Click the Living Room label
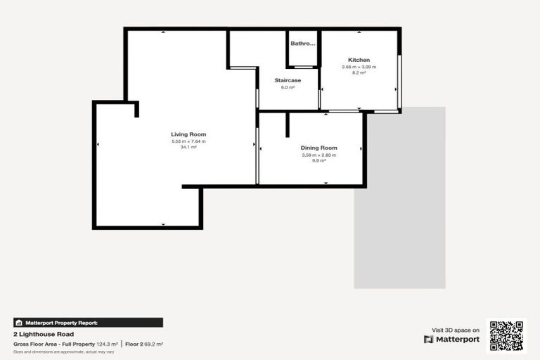pos(188,134)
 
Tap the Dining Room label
pos(319,148)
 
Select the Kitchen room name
pos(359,60)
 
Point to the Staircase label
pos(288,80)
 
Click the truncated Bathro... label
pos(303,44)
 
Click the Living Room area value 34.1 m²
pos(188,147)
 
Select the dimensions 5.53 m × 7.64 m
pos(188,141)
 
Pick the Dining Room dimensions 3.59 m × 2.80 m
pos(319,155)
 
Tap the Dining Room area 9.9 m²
pos(319,160)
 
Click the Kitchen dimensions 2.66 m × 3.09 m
pos(359,67)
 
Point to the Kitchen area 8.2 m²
pos(359,72)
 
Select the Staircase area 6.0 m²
pos(288,87)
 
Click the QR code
pos(506,335)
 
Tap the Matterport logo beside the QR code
pos(452,339)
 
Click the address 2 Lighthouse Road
pos(44,334)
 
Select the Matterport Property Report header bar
pos(88,323)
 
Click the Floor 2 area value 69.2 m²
pos(153,344)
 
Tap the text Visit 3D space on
pos(456,329)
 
